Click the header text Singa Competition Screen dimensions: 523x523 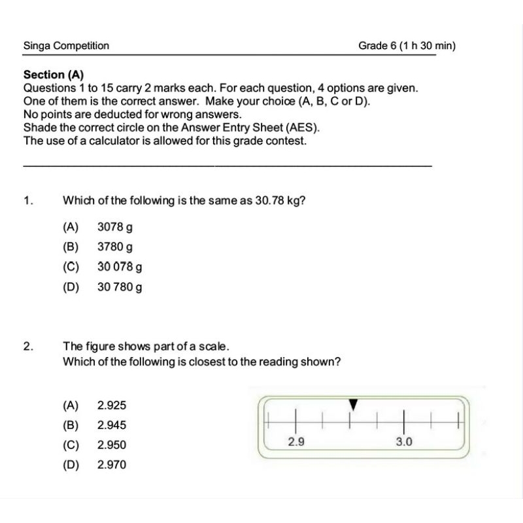[66, 46]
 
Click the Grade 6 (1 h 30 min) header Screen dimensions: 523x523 [407, 46]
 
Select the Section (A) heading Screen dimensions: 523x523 [54, 75]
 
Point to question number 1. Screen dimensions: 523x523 [27, 201]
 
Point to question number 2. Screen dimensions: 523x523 [27, 346]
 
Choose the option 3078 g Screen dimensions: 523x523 [115, 228]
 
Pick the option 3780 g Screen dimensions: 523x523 [115, 247]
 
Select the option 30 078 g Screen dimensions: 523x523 [120, 267]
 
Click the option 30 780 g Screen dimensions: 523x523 [120, 286]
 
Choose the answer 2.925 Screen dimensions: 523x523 [112, 405]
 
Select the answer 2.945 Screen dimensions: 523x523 [112, 425]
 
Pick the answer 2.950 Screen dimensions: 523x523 [112, 445]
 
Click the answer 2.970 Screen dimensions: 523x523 [112, 465]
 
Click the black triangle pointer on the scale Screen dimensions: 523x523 [353, 405]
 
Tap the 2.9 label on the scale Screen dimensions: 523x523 [296, 442]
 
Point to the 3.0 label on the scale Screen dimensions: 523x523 [404, 442]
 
